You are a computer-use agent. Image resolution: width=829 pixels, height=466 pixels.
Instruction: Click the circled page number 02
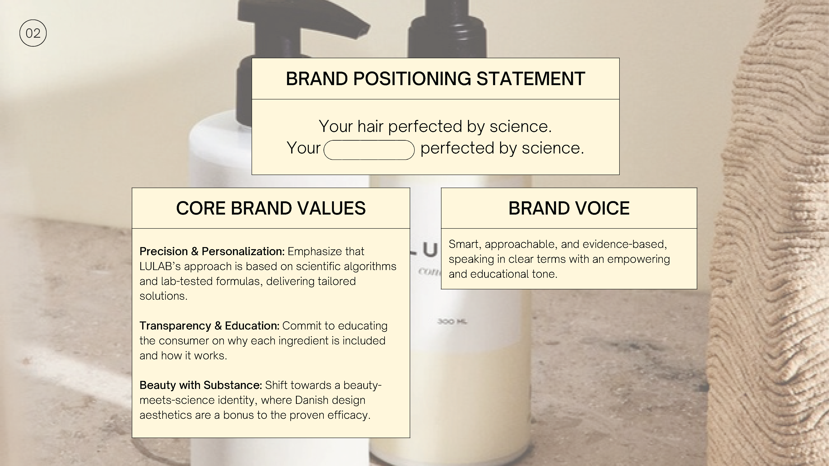pyautogui.click(x=33, y=33)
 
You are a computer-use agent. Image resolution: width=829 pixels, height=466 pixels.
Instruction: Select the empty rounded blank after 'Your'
pyautogui.click(x=369, y=150)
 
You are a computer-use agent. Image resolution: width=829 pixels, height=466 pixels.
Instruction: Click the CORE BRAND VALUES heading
pyautogui.click(x=271, y=208)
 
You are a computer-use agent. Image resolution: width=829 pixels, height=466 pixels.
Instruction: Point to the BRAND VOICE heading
pyautogui.click(x=569, y=208)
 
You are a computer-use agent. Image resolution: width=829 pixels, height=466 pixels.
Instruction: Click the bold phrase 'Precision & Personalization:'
pyautogui.click(x=212, y=251)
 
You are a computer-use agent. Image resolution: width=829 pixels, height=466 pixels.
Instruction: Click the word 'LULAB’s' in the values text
pyautogui.click(x=160, y=266)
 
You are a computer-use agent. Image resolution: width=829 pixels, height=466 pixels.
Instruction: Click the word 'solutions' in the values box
pyautogui.click(x=163, y=296)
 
